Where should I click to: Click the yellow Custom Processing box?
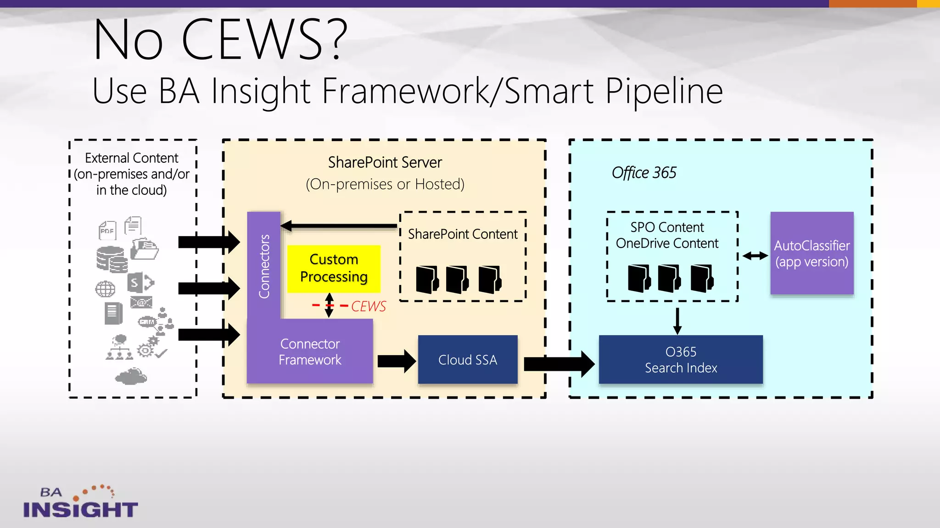pyautogui.click(x=334, y=269)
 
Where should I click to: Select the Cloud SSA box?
pyautogui.click(x=467, y=360)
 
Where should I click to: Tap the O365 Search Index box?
pyautogui.click(x=681, y=360)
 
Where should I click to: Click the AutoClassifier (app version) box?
pyautogui.click(x=811, y=253)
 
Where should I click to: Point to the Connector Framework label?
pyautogui.click(x=310, y=352)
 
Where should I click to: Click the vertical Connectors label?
pyautogui.click(x=264, y=266)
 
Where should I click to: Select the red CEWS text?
pyautogui.click(x=368, y=307)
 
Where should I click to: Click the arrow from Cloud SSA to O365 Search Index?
pyautogui.click(x=559, y=364)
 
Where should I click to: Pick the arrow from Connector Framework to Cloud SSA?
pyautogui.click(x=397, y=361)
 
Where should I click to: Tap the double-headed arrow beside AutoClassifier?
pyautogui.click(x=755, y=256)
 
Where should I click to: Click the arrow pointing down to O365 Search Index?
pyautogui.click(x=677, y=321)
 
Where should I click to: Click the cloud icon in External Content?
pyautogui.click(x=131, y=377)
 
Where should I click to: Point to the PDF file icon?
pyautogui.click(x=107, y=230)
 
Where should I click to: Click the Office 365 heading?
pyautogui.click(x=643, y=173)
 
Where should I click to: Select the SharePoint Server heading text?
pyautogui.click(x=385, y=163)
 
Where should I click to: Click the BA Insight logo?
pyautogui.click(x=80, y=502)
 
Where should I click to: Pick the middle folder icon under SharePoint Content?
pyautogui.click(x=457, y=279)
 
